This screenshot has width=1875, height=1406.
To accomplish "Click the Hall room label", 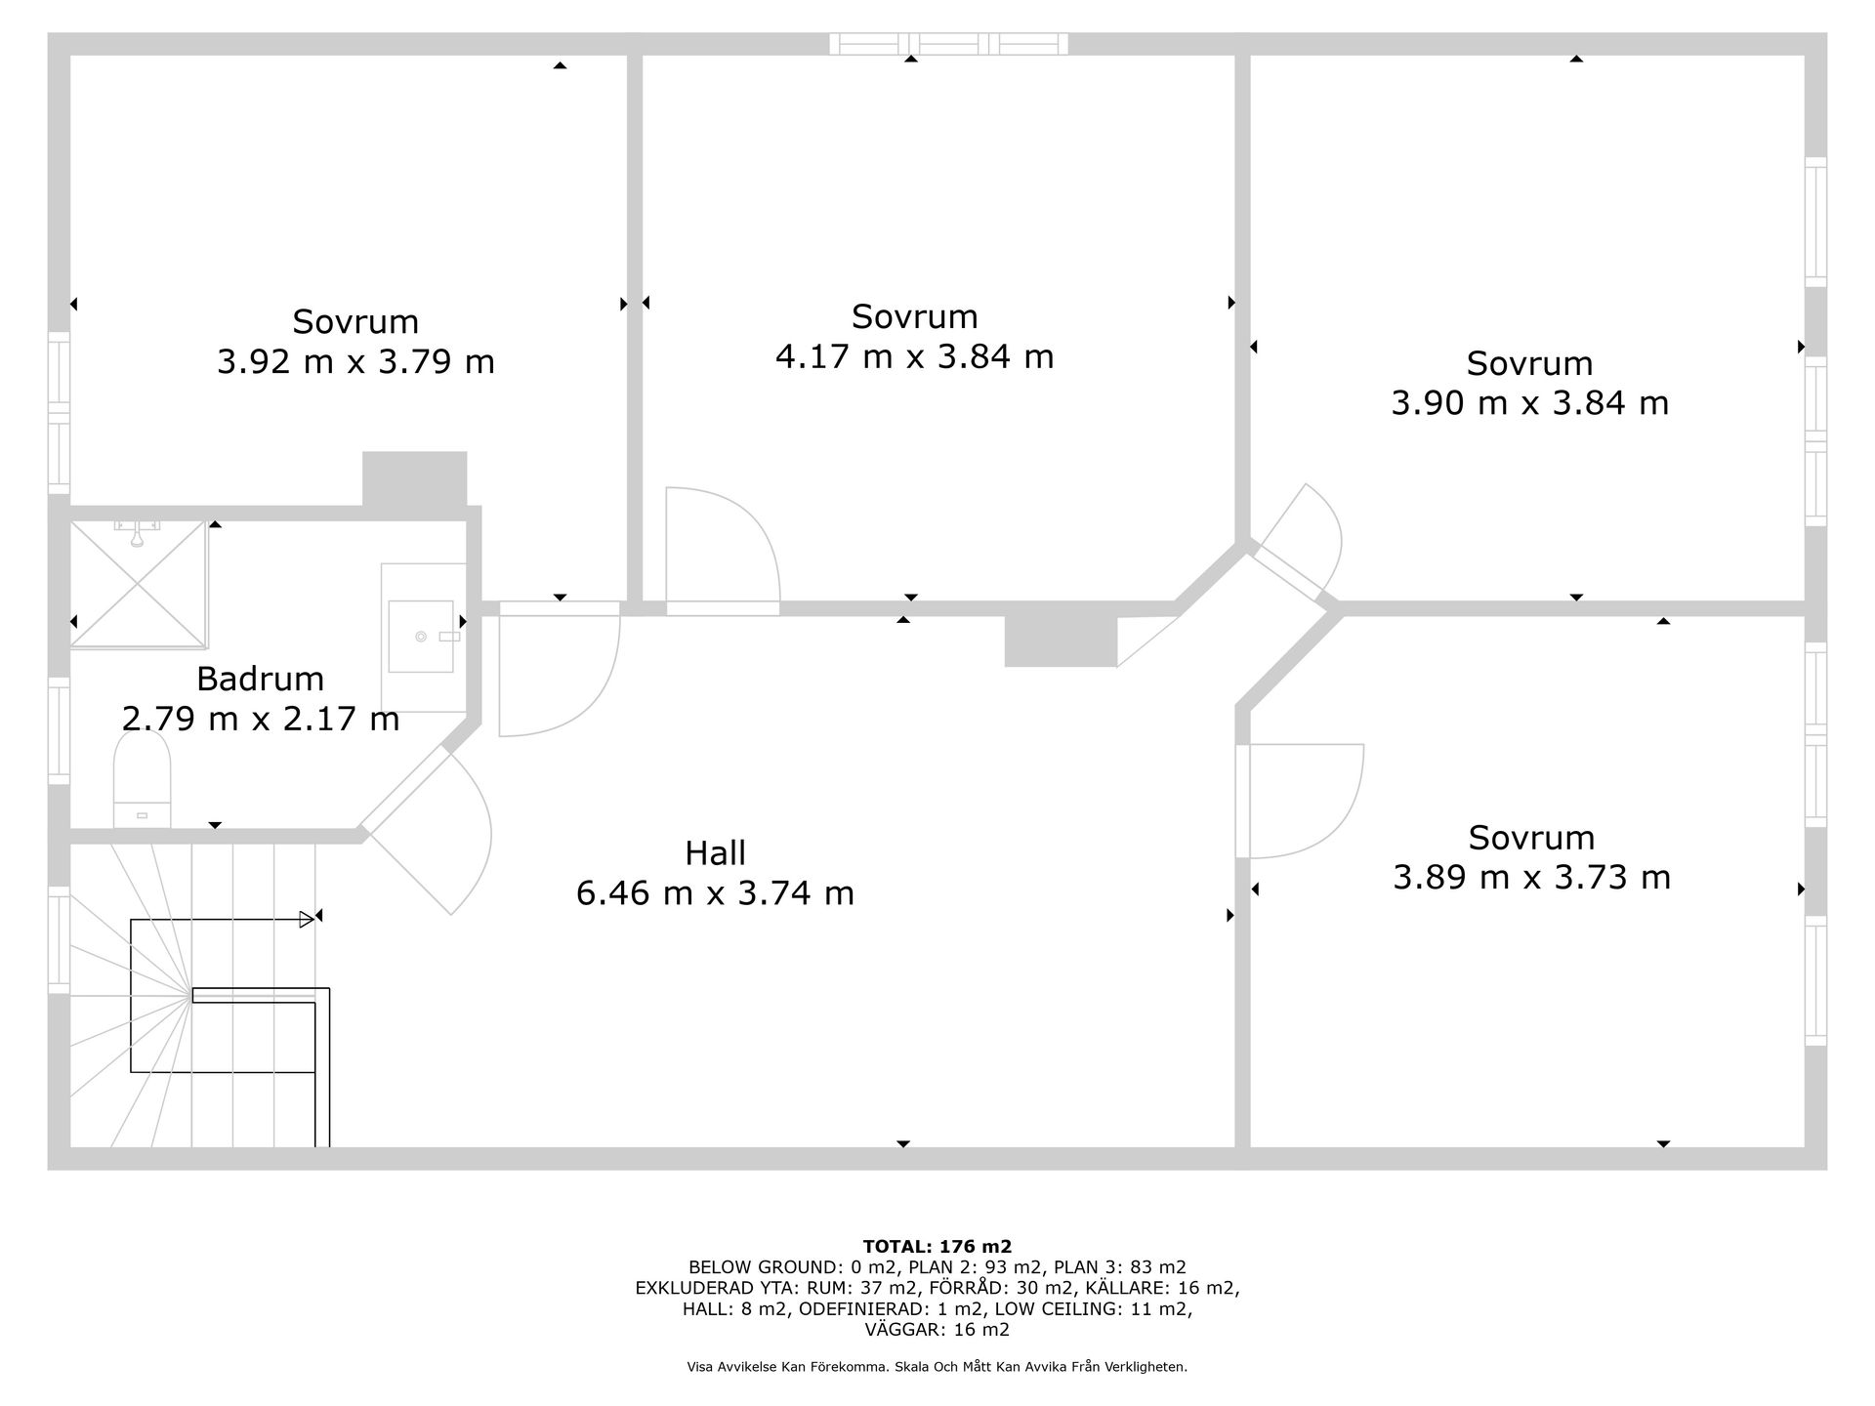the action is pos(715,853).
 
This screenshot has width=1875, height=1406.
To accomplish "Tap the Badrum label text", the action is pos(260,679).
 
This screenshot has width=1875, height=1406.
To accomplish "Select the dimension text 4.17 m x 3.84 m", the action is pos(914,356).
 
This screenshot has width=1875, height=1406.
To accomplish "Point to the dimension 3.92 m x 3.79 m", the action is pos(355,362).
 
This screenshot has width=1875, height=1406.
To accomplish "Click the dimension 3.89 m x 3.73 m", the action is pos(1531,878).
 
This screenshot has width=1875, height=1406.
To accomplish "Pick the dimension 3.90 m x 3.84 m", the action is pos(1529,403).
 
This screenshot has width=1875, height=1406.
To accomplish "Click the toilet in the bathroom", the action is pos(143,779).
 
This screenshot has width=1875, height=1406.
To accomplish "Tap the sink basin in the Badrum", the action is pos(421,637).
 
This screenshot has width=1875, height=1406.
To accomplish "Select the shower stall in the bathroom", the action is pos(139,584).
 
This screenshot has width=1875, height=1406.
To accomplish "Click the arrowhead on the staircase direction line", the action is pos(307,919).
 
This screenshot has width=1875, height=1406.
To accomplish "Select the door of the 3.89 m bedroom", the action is pos(1299,802).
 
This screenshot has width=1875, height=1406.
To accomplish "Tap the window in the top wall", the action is pos(948,44).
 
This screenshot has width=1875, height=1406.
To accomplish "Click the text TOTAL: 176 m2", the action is pos(937,1246).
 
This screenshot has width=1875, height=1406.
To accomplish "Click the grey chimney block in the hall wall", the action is pos(1061,641).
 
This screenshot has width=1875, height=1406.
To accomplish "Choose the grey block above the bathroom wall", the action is pos(414,478).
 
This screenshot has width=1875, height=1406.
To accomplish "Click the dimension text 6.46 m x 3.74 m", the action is pos(715,893).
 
